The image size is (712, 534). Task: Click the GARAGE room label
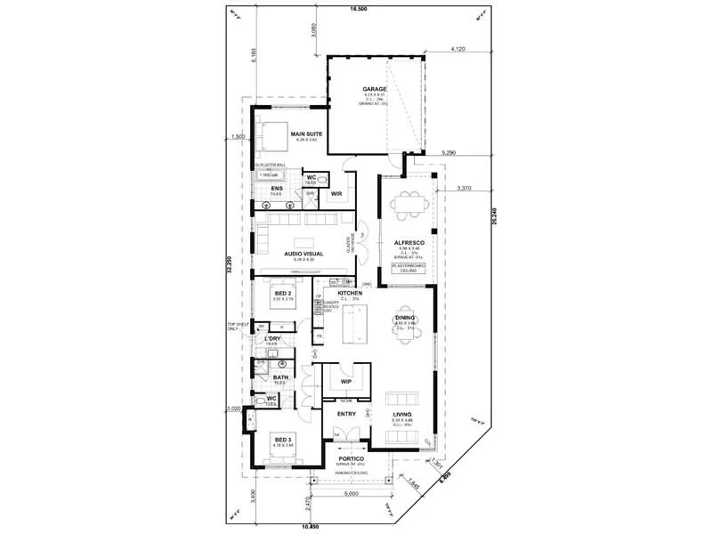(x=374, y=90)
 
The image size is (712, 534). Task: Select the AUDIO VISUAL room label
(x=303, y=254)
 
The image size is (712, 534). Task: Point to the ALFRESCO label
(x=411, y=242)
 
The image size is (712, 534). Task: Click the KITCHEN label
(x=349, y=292)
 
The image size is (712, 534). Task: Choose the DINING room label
(x=405, y=317)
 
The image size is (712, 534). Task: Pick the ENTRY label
(x=346, y=413)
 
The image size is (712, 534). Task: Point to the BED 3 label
(x=283, y=440)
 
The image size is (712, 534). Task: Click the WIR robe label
(x=336, y=192)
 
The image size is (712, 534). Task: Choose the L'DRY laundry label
(x=274, y=339)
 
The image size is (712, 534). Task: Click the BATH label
(x=280, y=377)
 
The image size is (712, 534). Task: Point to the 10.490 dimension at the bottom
(x=310, y=527)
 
